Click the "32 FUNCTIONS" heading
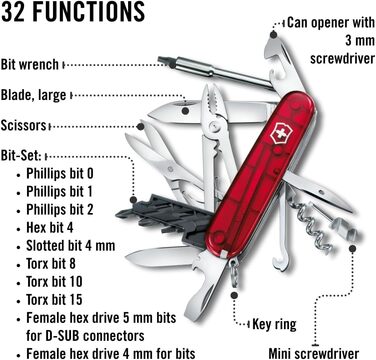coord(73,14)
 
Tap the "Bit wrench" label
coord(30,63)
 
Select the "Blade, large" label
coord(35,95)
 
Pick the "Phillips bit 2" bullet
coord(68,210)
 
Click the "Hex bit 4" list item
coord(56,228)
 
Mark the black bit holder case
coord(160,209)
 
